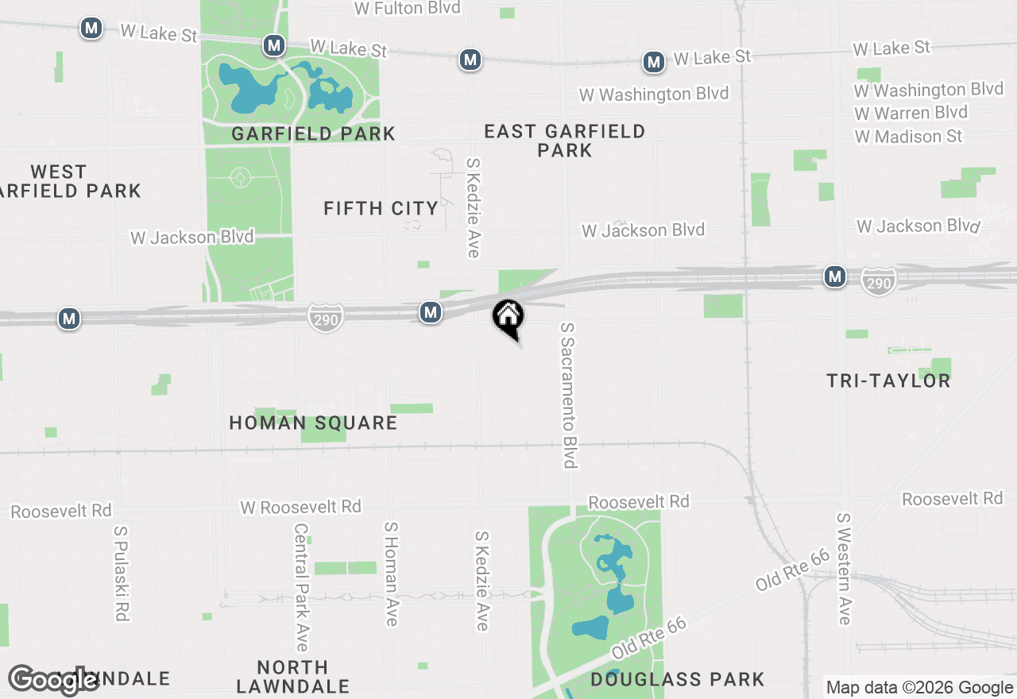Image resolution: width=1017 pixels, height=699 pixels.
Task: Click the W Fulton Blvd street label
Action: (x=407, y=8)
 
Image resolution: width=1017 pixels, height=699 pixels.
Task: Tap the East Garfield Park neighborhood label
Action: (x=564, y=140)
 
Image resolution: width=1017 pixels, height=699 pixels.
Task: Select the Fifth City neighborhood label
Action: (x=381, y=208)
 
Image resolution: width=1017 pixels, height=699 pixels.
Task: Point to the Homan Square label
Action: (x=313, y=423)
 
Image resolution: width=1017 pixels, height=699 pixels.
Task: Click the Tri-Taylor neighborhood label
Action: (x=888, y=380)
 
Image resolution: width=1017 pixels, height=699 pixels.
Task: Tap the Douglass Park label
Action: (x=677, y=679)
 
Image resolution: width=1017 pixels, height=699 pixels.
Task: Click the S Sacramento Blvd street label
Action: (x=568, y=395)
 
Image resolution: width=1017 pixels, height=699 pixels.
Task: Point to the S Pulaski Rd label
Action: (x=122, y=573)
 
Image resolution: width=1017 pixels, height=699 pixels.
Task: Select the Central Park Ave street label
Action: (x=300, y=586)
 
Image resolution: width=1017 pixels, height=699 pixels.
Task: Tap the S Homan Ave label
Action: (x=390, y=573)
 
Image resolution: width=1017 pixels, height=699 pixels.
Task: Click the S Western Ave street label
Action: (x=844, y=568)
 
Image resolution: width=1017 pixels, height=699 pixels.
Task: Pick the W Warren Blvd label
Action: (x=911, y=112)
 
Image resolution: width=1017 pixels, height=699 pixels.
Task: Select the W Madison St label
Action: (x=908, y=136)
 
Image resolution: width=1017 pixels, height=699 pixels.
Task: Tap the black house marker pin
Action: (x=508, y=317)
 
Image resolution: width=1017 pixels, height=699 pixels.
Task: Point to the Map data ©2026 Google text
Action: (x=919, y=688)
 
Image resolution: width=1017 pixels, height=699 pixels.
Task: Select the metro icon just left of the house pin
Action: (x=431, y=312)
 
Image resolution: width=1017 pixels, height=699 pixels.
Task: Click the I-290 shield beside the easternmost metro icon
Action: (x=878, y=280)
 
